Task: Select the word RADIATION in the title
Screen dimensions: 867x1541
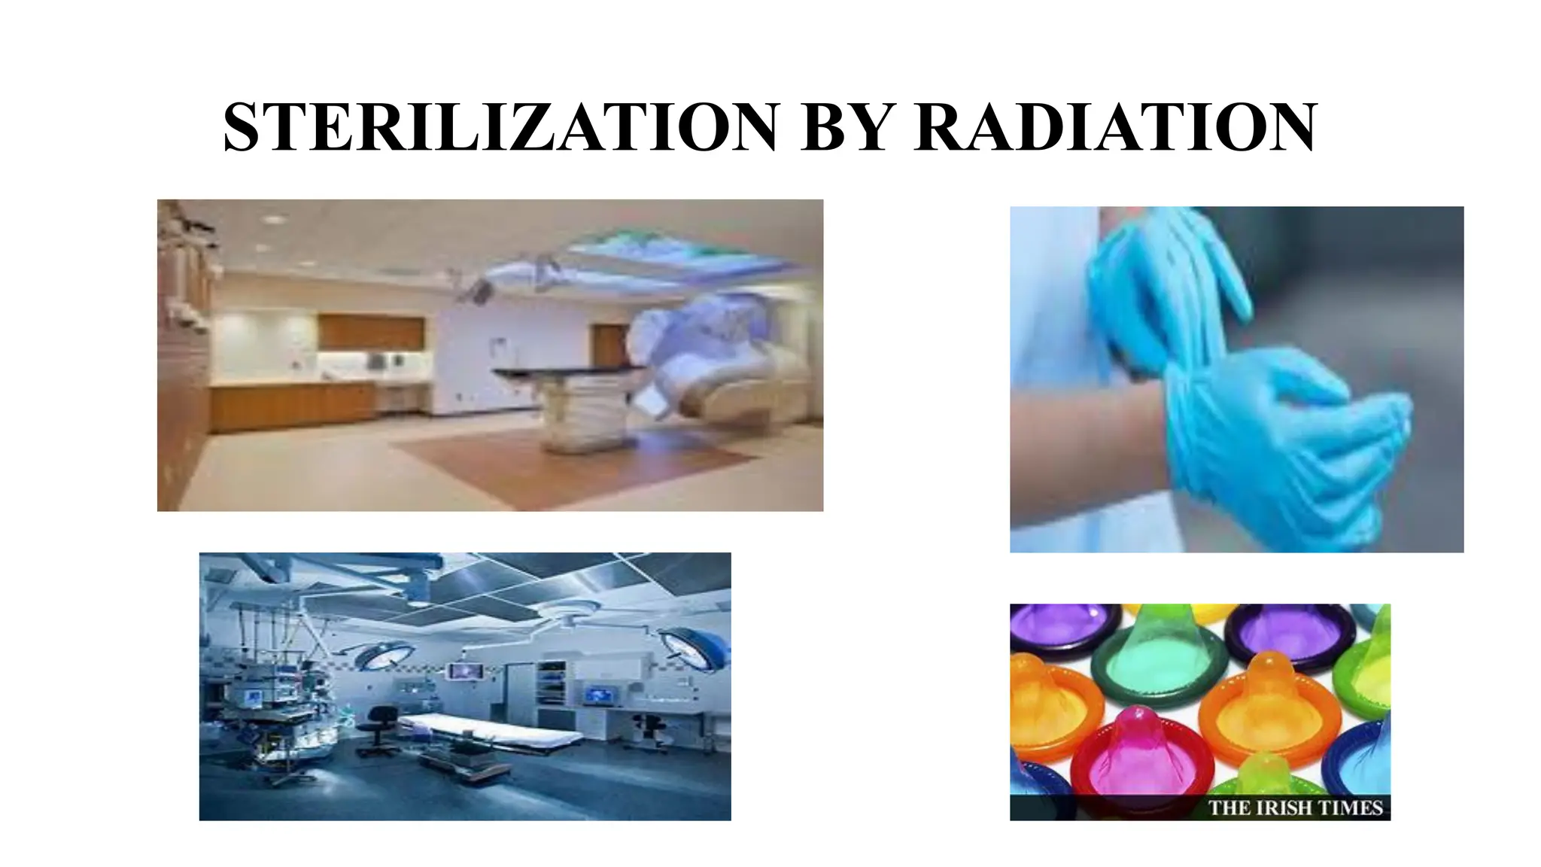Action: (1115, 127)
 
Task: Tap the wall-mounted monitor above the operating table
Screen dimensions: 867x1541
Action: (464, 670)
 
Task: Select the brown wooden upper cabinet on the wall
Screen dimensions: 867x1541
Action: (371, 333)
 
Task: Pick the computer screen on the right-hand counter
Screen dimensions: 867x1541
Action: (598, 693)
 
